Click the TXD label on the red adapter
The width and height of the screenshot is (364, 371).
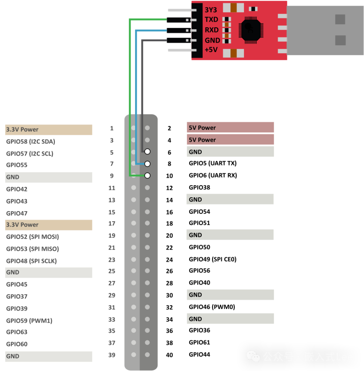point(211,20)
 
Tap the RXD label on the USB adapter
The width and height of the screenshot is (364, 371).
point(212,30)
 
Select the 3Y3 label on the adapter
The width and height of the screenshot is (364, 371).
point(211,9)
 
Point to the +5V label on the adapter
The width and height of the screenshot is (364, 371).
point(211,50)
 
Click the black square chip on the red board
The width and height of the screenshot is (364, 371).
point(250,30)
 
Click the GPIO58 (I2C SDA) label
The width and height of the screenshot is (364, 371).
point(31,141)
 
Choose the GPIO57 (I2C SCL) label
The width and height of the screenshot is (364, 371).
point(30,154)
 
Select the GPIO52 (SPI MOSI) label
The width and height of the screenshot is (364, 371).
point(32,237)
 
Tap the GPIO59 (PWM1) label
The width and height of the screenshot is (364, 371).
point(29,321)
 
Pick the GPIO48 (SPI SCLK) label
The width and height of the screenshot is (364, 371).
point(31,261)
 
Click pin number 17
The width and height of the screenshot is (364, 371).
point(112,224)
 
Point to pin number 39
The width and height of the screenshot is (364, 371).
point(112,355)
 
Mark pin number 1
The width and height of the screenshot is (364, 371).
point(112,128)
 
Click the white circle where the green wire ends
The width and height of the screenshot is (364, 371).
point(147,175)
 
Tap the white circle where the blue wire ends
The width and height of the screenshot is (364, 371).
point(147,164)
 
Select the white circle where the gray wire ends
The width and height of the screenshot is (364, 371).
point(147,152)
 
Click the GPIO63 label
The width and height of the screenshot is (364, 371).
point(17,332)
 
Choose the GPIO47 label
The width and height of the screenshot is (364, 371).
point(17,213)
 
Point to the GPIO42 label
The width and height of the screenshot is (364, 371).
point(17,189)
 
